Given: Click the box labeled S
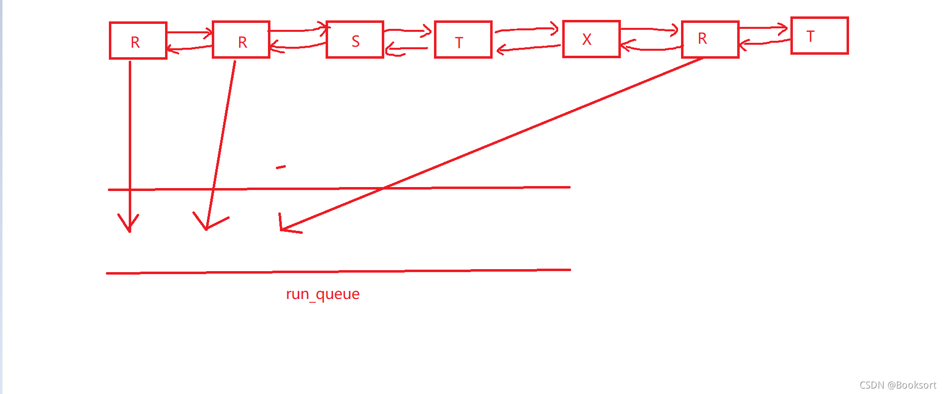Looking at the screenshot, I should [x=354, y=40].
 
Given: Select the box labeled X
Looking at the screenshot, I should [x=591, y=39].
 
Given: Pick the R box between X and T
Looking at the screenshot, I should [x=710, y=39].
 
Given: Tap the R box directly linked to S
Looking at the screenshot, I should [x=241, y=40].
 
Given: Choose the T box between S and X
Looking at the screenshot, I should [x=463, y=40].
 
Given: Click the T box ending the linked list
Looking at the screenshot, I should [x=819, y=36].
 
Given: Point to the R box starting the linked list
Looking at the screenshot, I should [x=138, y=40].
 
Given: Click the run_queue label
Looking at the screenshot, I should [x=323, y=294].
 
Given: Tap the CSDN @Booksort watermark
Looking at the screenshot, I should [x=897, y=385].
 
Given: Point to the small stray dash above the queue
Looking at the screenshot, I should [x=281, y=167].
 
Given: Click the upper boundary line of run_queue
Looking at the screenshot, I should [x=338, y=189].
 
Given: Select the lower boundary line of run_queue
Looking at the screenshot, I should [x=338, y=272].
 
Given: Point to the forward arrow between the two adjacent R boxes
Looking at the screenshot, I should [x=189, y=33].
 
